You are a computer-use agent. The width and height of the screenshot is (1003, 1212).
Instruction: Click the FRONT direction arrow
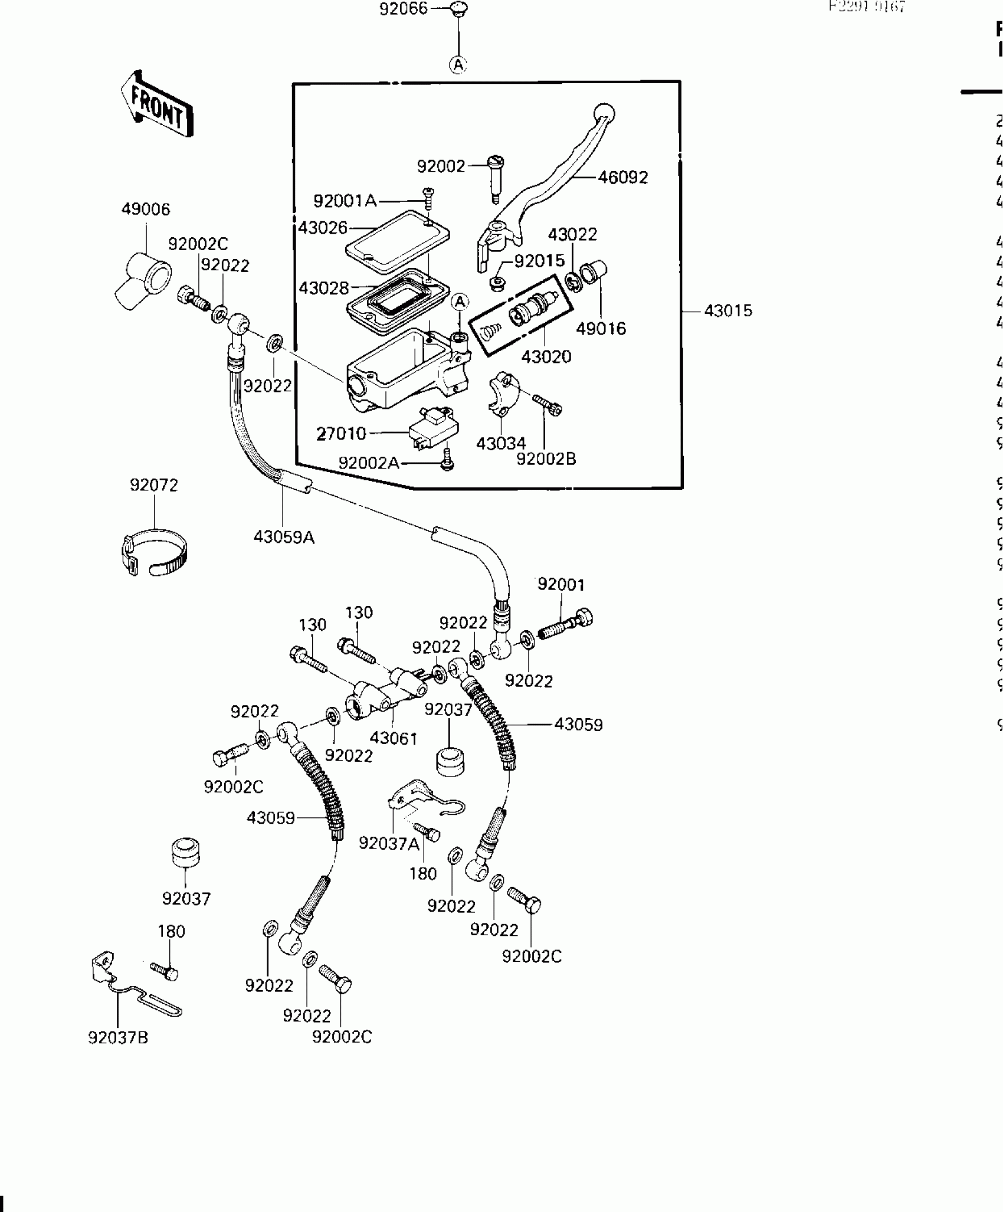[158, 104]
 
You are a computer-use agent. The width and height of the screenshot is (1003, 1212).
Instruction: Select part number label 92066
[403, 9]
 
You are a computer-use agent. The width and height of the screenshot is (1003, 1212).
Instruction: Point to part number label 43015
[728, 311]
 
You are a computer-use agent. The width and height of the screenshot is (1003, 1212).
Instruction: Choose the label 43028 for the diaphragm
[323, 289]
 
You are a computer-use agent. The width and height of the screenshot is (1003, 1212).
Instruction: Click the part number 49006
[145, 209]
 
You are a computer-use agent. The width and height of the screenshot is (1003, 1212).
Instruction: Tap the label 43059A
[284, 538]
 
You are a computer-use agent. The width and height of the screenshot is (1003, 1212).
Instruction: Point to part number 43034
[500, 444]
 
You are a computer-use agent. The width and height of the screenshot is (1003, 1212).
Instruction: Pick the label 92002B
[546, 459]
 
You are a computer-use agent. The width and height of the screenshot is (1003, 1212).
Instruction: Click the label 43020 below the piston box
[546, 357]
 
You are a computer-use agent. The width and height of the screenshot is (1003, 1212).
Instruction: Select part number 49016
[601, 329]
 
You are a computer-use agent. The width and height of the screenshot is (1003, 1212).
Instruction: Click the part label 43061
[393, 738]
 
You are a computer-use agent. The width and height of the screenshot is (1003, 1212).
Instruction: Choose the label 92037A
[389, 844]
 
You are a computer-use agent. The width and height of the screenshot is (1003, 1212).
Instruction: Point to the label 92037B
[118, 1038]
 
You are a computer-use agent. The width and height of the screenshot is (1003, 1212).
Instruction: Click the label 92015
[539, 261]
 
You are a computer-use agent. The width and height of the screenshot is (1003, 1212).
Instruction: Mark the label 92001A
[345, 201]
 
